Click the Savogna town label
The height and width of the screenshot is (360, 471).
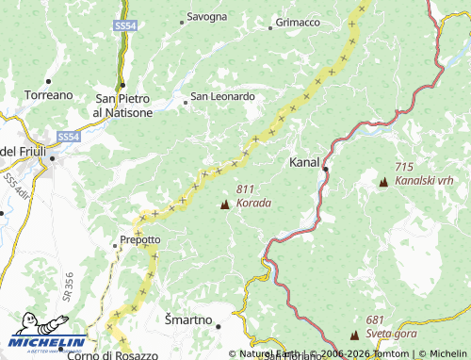pos(206,17)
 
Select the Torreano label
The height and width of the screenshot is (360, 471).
pos(49,95)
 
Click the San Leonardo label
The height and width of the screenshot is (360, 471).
pos(223,96)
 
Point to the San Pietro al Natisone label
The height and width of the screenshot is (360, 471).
pos(122,105)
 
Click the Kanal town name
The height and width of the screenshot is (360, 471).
pos(305,161)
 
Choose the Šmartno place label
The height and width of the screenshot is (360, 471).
pos(188,319)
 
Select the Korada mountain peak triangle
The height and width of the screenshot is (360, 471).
pos(224,205)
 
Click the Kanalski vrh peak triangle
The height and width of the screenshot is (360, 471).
pos(383,182)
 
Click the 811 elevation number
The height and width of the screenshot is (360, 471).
pos(247,188)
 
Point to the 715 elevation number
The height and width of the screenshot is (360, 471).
pos(405,166)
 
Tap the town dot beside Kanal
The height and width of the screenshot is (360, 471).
pos(325,169)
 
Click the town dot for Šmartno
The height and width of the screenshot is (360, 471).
pos(218,326)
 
